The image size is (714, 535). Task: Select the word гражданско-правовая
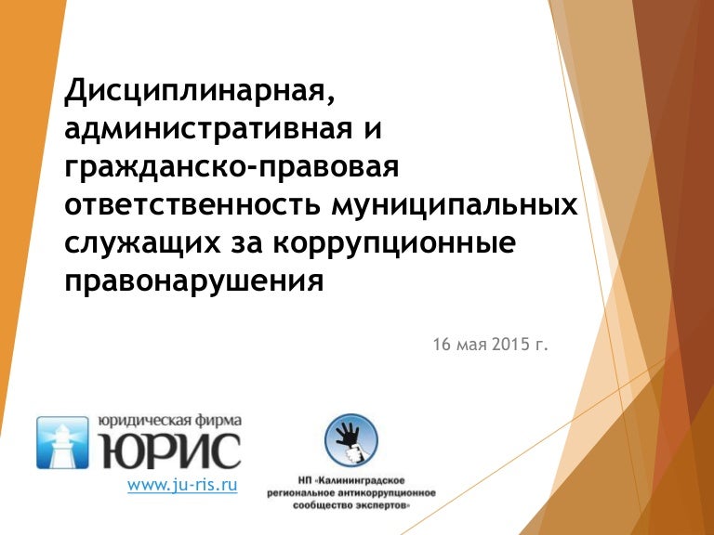(231, 170)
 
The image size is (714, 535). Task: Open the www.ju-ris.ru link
(182, 485)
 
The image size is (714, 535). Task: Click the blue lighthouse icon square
(62, 442)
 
